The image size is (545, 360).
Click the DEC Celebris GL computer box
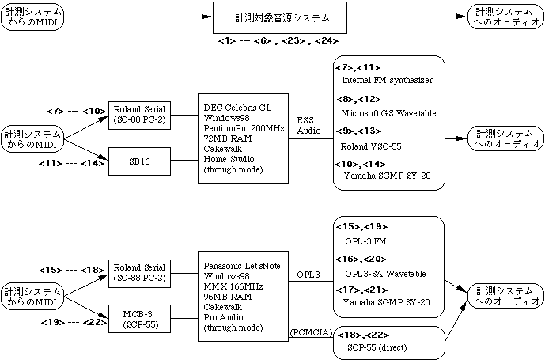coord(243,137)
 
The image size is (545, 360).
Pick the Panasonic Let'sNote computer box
coord(243,297)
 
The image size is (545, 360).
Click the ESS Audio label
coord(309,125)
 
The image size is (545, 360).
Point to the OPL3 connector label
coord(309,275)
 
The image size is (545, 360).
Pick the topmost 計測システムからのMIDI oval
coord(32,17)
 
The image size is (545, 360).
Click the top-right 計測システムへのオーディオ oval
coord(504,17)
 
